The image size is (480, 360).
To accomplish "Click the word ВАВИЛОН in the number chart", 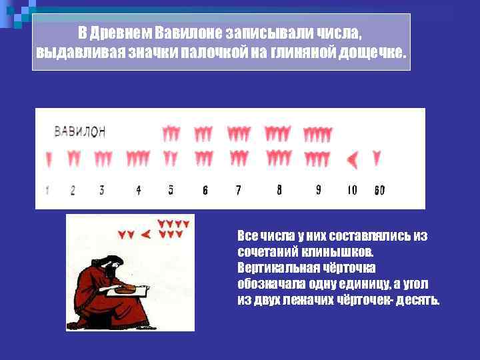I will click(x=79, y=131).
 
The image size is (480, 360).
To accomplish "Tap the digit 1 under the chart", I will click(x=47, y=191).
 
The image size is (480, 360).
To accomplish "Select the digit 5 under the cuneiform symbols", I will click(x=171, y=190).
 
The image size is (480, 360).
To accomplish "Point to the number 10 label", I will click(x=352, y=190).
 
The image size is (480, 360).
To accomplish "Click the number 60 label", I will click(x=379, y=191).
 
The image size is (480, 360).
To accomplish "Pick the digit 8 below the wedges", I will click(x=279, y=190).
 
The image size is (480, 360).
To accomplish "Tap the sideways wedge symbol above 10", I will click(x=353, y=159).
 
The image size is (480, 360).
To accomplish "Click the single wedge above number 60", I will click(x=377, y=159).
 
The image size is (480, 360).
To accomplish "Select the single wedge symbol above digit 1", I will click(x=48, y=159).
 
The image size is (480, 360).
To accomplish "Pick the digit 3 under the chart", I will click(x=101, y=190).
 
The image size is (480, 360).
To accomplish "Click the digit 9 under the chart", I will click(x=318, y=190).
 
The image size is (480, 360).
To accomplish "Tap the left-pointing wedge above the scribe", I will click(x=147, y=234).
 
